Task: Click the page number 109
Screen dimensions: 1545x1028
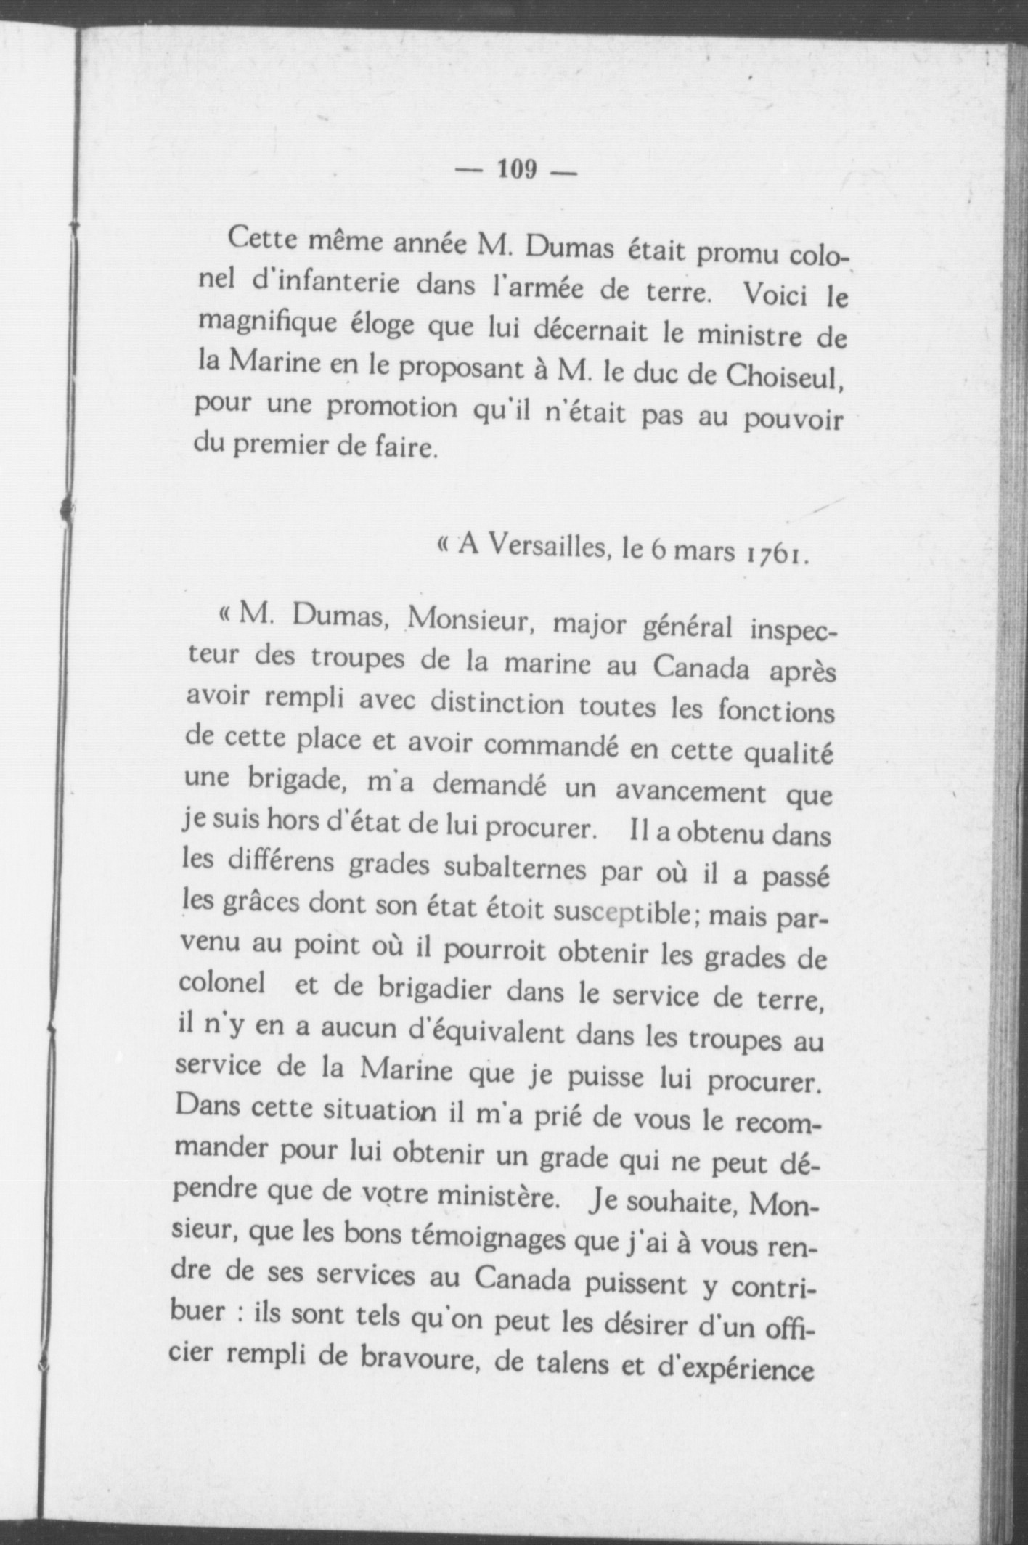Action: pyautogui.click(x=517, y=170)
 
